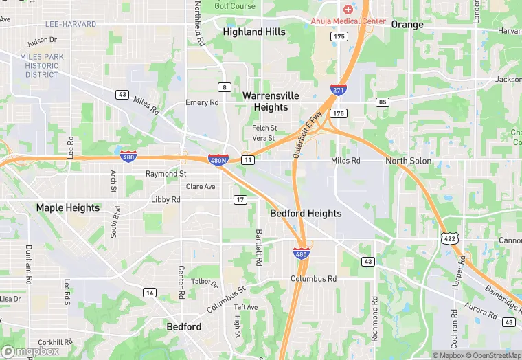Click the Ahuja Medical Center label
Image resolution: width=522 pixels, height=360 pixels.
point(348,21)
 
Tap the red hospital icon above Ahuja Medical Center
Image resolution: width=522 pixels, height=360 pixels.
point(348,9)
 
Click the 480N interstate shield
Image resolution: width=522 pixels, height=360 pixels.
point(218,159)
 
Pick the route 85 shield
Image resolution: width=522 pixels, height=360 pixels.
point(383,102)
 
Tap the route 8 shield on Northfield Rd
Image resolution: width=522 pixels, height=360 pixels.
point(224,87)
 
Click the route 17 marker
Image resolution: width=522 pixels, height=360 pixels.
point(240,199)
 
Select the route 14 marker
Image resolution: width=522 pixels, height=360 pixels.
point(149,293)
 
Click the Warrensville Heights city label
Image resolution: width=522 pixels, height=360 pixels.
point(271,102)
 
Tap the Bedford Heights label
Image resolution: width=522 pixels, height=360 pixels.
point(306,214)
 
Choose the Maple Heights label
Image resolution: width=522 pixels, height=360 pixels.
point(68,207)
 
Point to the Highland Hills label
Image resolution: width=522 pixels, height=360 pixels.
point(254,32)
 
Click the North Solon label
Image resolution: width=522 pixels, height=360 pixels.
point(409,161)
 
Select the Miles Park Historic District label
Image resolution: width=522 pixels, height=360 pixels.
point(42,66)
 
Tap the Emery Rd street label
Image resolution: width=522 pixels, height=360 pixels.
point(202,102)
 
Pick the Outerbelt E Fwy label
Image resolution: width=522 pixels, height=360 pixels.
point(307,136)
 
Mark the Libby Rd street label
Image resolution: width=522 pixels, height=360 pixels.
point(166,199)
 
